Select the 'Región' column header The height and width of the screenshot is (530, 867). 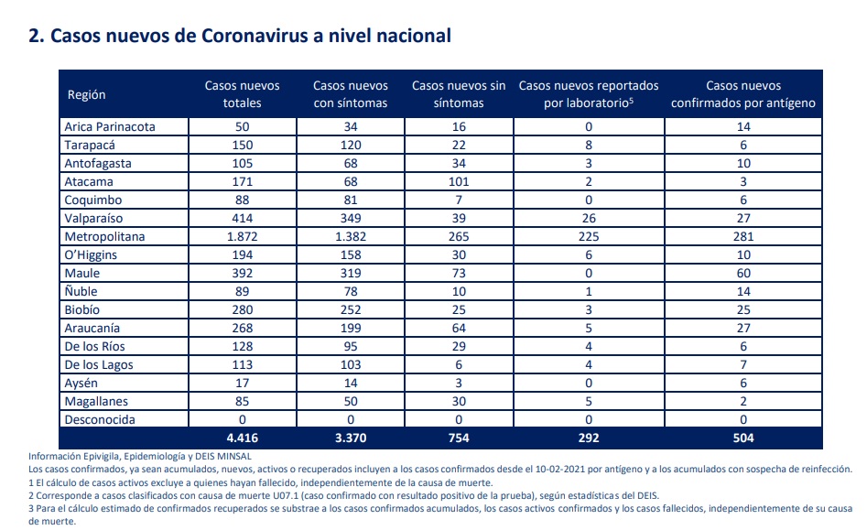86,94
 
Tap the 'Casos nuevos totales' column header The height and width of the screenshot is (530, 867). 243,94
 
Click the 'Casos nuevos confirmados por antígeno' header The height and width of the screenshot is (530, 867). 743,94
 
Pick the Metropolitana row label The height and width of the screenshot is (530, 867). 104,236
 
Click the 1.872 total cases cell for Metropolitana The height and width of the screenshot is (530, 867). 243,236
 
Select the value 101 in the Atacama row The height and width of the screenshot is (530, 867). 459,182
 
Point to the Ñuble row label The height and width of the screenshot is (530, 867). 81,291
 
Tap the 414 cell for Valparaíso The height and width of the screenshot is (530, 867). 243,218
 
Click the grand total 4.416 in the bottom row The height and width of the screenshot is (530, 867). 243,438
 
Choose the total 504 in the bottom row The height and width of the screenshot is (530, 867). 743,438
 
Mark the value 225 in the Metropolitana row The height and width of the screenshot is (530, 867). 589,236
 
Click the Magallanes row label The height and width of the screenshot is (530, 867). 96,401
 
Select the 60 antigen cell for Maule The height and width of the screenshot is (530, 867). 743,273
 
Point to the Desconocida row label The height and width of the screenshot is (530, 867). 100,419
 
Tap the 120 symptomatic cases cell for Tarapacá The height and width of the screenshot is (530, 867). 351,145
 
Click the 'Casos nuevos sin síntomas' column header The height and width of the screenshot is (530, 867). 459,94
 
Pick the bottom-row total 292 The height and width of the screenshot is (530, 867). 589,438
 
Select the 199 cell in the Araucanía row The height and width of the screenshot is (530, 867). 351,329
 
